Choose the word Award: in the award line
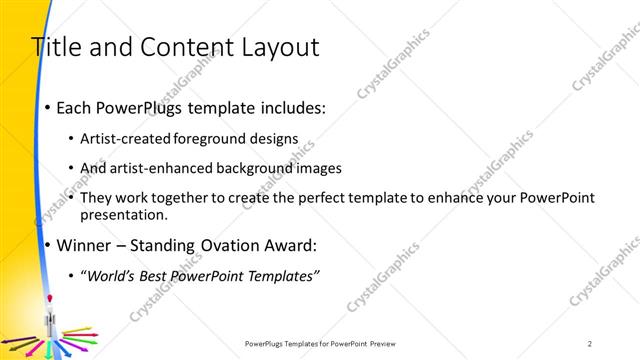pyautogui.click(x=289, y=245)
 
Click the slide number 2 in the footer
pyautogui.click(x=590, y=343)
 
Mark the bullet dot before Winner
pyautogui.click(x=47, y=245)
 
